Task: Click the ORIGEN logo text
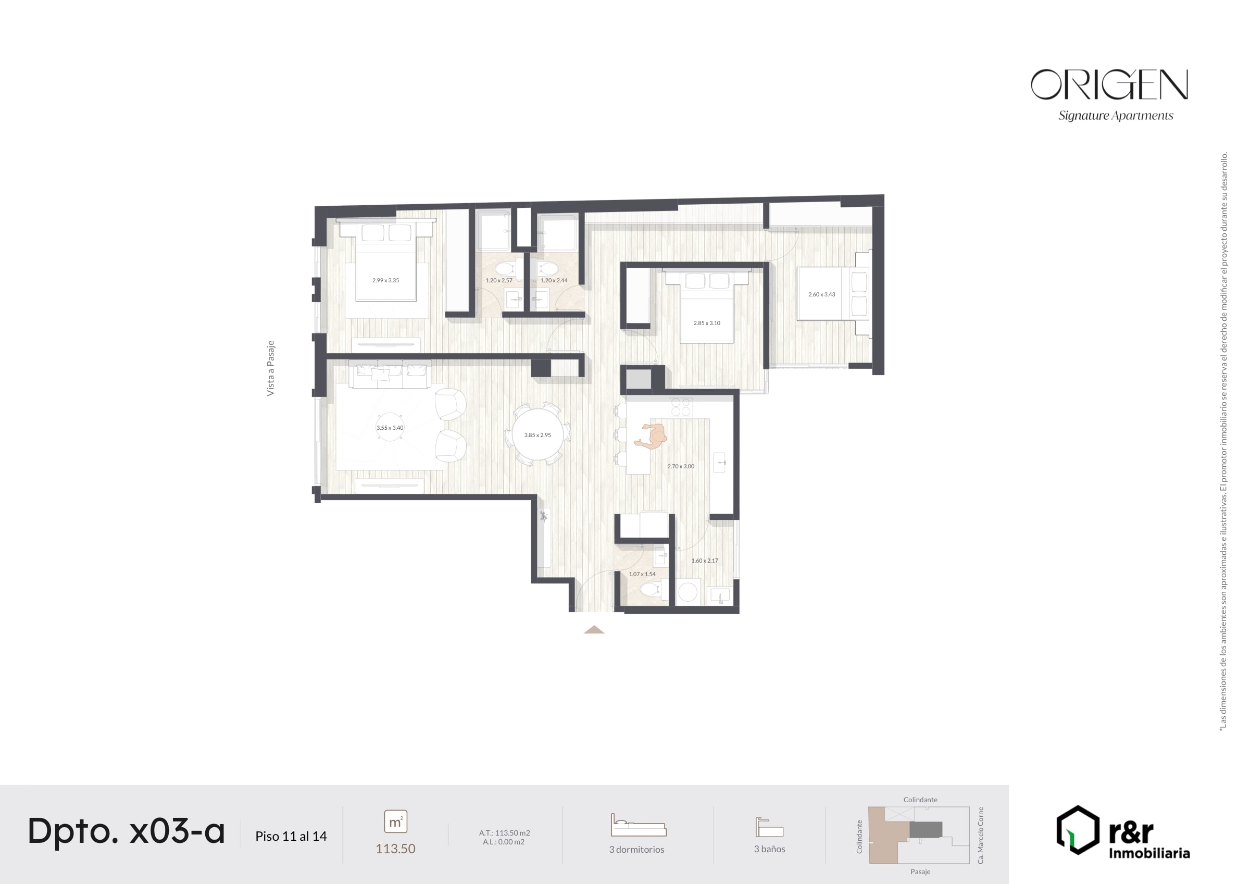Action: [1109, 84]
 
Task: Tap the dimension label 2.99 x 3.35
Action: [385, 280]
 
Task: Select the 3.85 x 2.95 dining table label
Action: [537, 435]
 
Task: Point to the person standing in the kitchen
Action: [651, 437]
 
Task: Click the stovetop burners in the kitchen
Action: [681, 407]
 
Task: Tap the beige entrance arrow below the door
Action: [594, 630]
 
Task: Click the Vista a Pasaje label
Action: [271, 368]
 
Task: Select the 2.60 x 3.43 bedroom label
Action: [821, 295]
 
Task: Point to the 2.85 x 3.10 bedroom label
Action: [707, 323]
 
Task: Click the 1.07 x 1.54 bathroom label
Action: [642, 574]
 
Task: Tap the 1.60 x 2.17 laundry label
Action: [705, 561]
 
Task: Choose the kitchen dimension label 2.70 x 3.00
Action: [681, 466]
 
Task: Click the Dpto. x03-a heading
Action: [127, 831]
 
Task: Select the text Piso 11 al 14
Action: [291, 836]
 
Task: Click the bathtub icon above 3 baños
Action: [769, 827]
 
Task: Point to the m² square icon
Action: [396, 821]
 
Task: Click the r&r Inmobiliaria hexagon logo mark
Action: [1078, 829]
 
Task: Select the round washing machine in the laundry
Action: [687, 593]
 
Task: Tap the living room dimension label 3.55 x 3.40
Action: [390, 428]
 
